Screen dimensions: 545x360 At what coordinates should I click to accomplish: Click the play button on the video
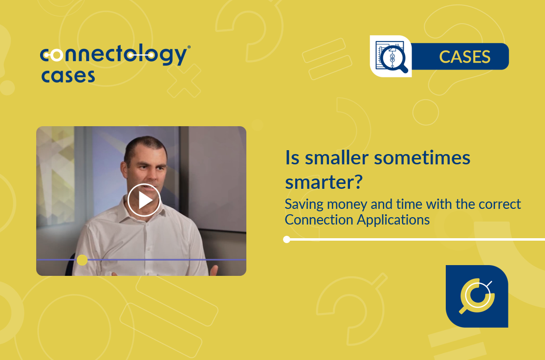pos(144,200)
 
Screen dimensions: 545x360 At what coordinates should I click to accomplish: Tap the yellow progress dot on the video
pos(82,260)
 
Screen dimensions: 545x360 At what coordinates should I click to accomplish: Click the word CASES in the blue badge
pos(465,57)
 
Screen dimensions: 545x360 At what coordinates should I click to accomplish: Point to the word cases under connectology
pos(68,76)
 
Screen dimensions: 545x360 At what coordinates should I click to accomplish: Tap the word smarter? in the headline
pos(324,182)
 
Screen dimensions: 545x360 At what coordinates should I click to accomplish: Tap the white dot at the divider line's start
pos(287,239)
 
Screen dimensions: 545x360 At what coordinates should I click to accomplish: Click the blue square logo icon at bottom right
pos(477,296)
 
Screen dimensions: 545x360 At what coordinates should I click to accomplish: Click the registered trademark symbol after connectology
pos(189,46)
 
